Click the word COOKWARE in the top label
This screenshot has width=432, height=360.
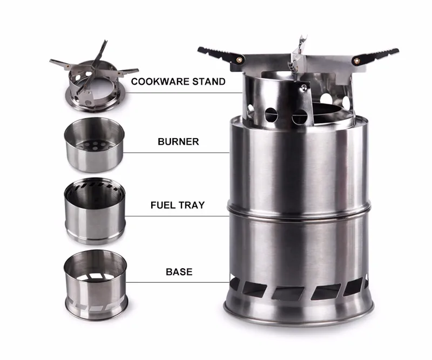pos(160,81)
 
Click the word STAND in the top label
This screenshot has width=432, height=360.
pos(209,81)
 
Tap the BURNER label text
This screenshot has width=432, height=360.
pos(178,141)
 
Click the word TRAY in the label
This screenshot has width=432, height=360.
pos(192,205)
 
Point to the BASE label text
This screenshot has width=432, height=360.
pos(179,272)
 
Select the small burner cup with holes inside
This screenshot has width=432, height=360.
pos(94,145)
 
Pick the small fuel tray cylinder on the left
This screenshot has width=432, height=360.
pos(95,211)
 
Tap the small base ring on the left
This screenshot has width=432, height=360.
pos(96,285)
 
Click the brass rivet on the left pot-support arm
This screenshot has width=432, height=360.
pos(240,59)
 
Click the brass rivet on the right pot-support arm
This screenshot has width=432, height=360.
pos(357,61)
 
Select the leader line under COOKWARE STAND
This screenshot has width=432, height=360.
pos(183,93)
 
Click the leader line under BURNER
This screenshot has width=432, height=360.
pos(177,153)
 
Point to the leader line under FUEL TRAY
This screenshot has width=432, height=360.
pos(177,216)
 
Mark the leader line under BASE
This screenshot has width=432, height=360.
pos(178,282)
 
